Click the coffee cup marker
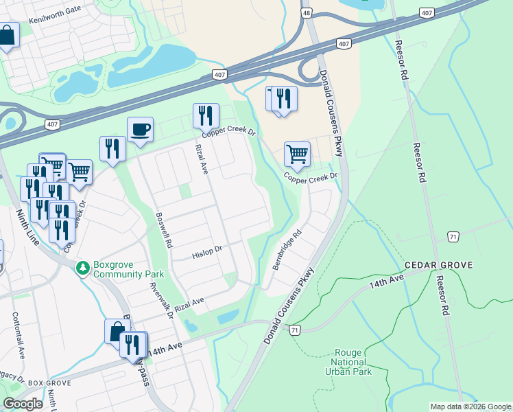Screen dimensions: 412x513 click(x=140, y=129)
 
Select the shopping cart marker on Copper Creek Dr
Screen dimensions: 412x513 click(x=297, y=154)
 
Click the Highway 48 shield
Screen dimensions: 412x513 click(x=307, y=13)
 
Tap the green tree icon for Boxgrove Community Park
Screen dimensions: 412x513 click(x=83, y=267)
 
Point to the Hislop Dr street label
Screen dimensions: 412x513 click(x=208, y=252)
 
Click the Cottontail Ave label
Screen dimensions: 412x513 click(x=18, y=334)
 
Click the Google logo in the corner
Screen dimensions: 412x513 click(x=23, y=404)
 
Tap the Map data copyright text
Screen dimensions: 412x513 click(x=470, y=407)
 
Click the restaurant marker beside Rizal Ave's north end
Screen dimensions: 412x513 click(x=206, y=116)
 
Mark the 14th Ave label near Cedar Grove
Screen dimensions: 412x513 click(x=386, y=282)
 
